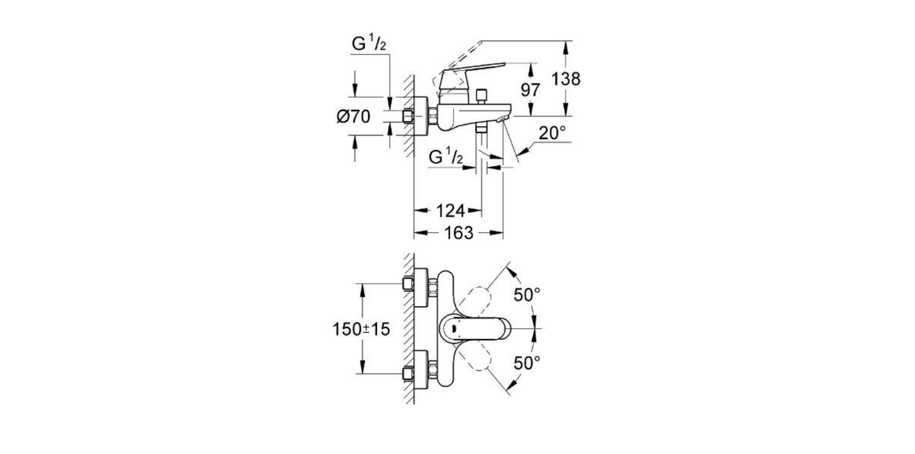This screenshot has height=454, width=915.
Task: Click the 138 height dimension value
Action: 566,79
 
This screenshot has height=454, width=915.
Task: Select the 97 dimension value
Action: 531,90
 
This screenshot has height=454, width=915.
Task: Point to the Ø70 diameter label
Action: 353,117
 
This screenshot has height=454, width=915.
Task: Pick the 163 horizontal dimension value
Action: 458,233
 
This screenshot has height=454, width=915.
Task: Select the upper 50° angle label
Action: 526,294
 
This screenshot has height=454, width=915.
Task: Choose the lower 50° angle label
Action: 526,363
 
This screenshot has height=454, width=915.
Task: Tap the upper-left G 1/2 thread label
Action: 369,45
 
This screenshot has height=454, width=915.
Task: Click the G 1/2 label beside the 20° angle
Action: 445,157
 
